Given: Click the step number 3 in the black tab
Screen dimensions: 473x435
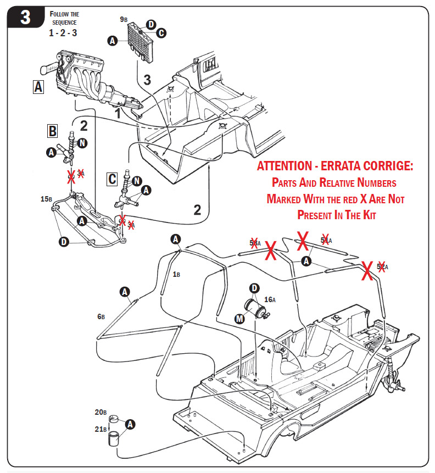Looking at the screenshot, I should click(25, 18).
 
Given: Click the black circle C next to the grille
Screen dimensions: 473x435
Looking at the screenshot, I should click(161, 34).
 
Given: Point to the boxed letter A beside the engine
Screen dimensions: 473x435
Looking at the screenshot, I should click(38, 87).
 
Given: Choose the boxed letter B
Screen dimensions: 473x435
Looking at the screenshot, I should click(52, 131).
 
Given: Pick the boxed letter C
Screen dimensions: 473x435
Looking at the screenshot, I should click(112, 179).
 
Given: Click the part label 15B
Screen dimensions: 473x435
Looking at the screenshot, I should click(46, 199).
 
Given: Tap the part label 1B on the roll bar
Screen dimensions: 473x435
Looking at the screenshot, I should click(176, 274).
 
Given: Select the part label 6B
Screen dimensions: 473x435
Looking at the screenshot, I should click(101, 316).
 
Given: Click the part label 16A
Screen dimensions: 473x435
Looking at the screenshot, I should click(270, 299).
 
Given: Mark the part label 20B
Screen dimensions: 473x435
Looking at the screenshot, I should click(100, 412).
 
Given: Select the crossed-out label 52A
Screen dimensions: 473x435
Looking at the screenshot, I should click(382, 266).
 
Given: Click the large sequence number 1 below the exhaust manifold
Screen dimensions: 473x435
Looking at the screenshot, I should click(117, 114).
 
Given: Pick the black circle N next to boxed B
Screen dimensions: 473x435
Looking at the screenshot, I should click(82, 143).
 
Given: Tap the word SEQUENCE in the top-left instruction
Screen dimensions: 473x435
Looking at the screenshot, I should click(64, 23).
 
